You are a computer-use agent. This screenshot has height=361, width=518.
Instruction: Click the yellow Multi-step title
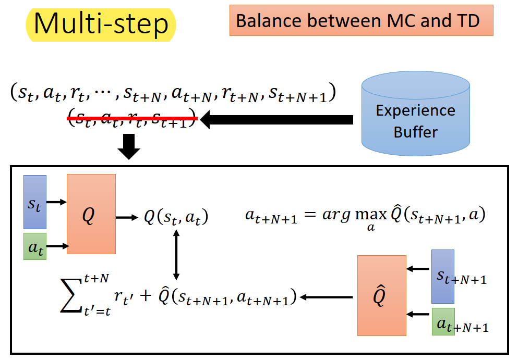(101, 24)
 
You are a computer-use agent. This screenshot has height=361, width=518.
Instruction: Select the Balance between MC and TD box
(361, 21)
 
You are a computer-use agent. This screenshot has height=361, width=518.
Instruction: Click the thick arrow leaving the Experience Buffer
(276, 120)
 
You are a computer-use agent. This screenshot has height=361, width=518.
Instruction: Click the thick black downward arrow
(128, 147)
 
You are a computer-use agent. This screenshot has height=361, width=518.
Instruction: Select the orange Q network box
(91, 214)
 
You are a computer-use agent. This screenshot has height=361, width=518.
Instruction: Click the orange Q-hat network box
(381, 295)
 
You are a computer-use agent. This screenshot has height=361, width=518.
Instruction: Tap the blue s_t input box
(35, 202)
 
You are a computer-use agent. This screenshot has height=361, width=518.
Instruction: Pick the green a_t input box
(35, 246)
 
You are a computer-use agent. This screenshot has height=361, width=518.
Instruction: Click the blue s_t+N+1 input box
(442, 276)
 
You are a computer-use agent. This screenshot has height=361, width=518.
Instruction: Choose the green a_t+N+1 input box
(443, 322)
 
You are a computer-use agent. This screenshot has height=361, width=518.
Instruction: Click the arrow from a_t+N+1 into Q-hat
(418, 315)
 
